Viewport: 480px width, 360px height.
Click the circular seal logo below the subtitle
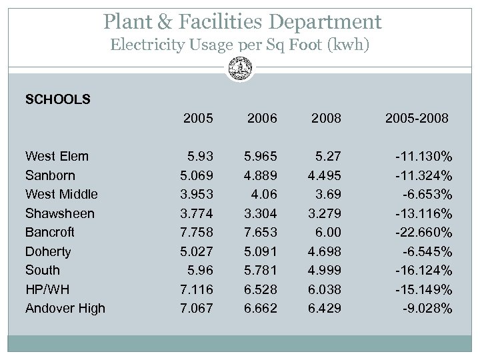coord(239,67)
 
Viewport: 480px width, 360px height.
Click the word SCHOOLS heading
coord(57,100)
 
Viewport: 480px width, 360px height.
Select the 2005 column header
coord(198,119)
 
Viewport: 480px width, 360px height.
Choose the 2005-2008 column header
coord(417,119)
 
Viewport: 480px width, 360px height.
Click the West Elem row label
coord(57,157)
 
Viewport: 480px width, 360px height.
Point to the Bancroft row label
coord(50,232)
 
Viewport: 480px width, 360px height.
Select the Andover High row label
coord(65,308)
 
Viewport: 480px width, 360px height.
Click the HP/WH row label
coord(48,289)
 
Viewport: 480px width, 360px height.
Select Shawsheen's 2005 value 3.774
coord(197,213)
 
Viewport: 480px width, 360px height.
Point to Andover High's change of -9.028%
coord(427,308)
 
